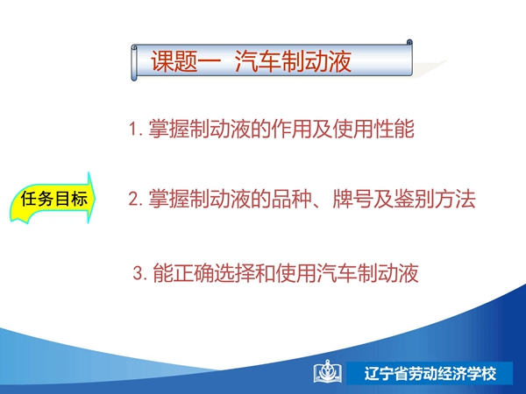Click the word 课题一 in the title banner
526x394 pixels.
pyautogui.click(x=186, y=61)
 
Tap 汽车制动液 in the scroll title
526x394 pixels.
pyautogui.click(x=293, y=61)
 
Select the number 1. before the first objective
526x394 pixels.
pyautogui.click(x=137, y=129)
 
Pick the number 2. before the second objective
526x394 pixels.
pyautogui.click(x=137, y=199)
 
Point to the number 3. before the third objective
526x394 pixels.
pyautogui.click(x=140, y=273)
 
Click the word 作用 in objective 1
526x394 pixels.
pyautogui.click(x=291, y=129)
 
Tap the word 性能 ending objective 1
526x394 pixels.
pyautogui.click(x=394, y=129)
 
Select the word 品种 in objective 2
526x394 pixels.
pyautogui.click(x=291, y=199)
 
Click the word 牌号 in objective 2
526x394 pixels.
pyautogui.click(x=352, y=199)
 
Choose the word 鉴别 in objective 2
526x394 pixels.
pyautogui.click(x=414, y=199)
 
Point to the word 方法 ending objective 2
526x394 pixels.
pyautogui.click(x=455, y=199)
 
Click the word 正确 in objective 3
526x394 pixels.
pyautogui.click(x=193, y=273)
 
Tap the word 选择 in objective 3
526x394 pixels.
pyautogui.click(x=234, y=273)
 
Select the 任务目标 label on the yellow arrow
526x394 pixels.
pyautogui.click(x=54, y=199)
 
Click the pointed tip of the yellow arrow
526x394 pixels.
pyautogui.click(x=96, y=197)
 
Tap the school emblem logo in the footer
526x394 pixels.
pyautogui.click(x=328, y=372)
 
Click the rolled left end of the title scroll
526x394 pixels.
pyautogui.click(x=134, y=63)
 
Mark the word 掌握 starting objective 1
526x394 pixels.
pyautogui.click(x=168, y=129)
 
